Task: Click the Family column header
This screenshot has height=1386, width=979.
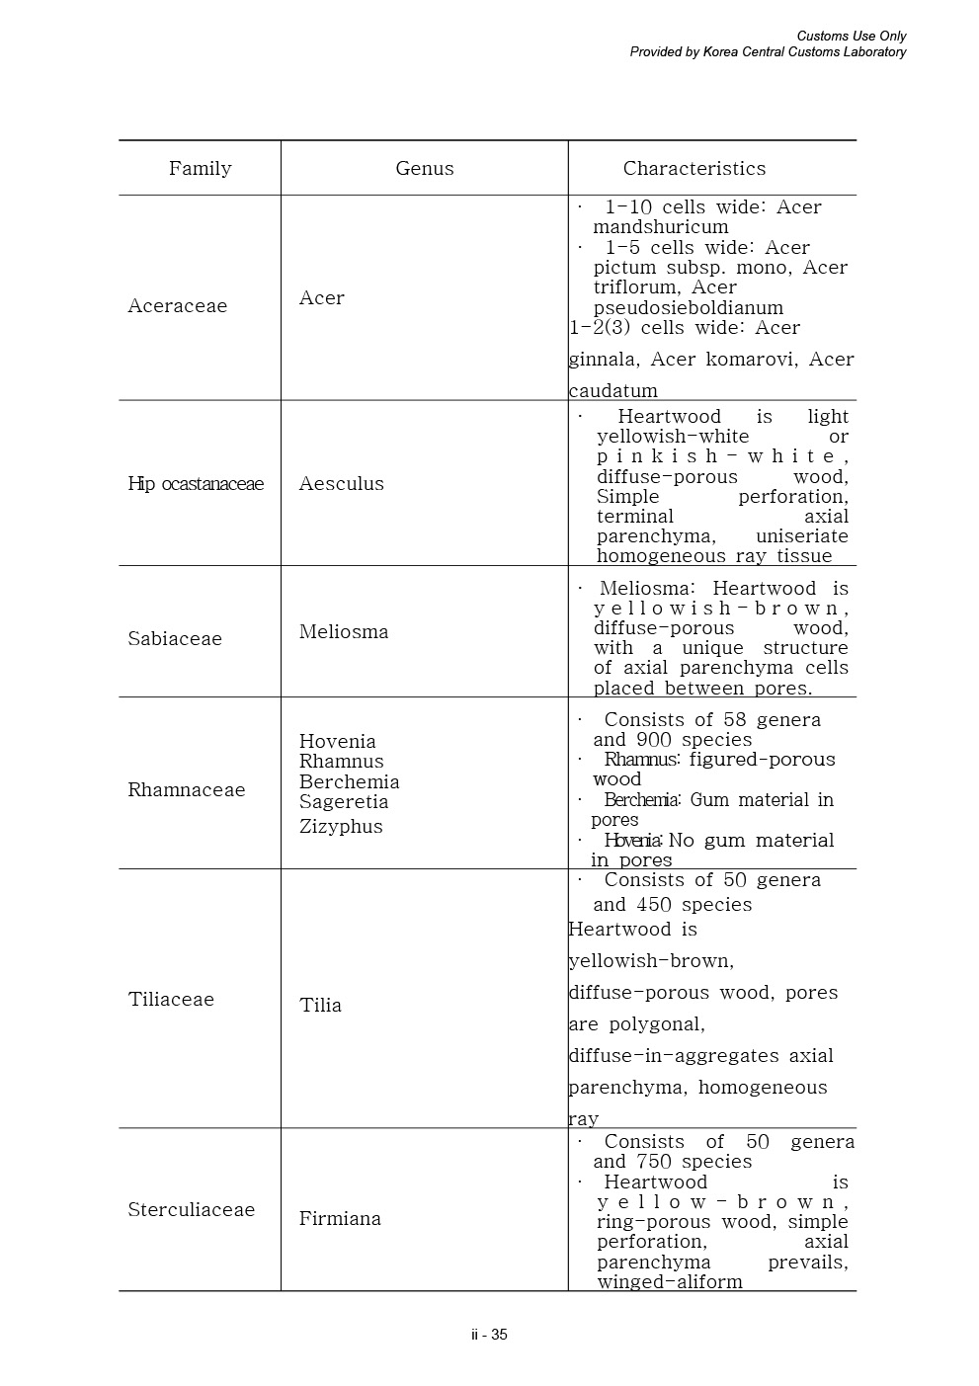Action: point(200,168)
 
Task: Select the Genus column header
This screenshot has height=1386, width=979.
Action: point(424,168)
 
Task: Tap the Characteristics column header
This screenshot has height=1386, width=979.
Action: point(693,168)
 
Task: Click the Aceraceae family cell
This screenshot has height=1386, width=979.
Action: point(177,305)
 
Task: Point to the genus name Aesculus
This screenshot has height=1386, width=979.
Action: point(341,483)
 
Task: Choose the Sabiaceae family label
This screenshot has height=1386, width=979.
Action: point(175,638)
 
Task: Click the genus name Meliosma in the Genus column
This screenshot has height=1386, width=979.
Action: point(343,631)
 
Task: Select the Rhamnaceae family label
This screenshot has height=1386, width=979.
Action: point(186,789)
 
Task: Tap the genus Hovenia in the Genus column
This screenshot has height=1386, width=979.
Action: point(337,741)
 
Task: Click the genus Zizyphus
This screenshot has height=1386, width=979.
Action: point(341,826)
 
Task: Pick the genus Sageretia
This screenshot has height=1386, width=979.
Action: point(343,801)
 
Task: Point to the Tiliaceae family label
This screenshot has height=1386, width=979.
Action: point(171,999)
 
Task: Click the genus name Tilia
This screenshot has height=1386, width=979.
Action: point(320,1005)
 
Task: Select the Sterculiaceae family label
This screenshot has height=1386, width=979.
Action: point(191,1209)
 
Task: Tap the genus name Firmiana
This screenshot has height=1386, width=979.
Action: point(340,1218)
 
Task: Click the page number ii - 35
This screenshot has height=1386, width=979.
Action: point(489,1334)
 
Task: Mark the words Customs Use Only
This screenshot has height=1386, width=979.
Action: point(851,37)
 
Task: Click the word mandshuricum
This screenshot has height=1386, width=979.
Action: point(660,226)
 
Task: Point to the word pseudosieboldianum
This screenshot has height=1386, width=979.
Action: point(688,307)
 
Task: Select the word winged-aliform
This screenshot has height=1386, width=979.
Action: point(669,1281)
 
